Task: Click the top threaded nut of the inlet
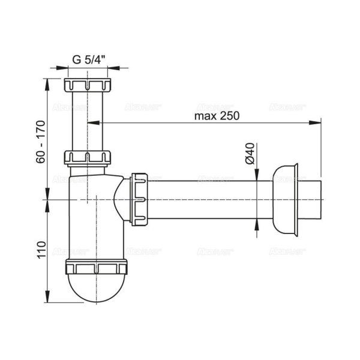88,85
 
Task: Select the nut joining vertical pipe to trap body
88,158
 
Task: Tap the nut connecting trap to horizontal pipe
140,199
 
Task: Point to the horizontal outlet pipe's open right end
321,199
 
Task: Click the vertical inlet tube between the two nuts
88,120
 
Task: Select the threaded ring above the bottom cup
97,268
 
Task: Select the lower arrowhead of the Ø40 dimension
258,223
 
